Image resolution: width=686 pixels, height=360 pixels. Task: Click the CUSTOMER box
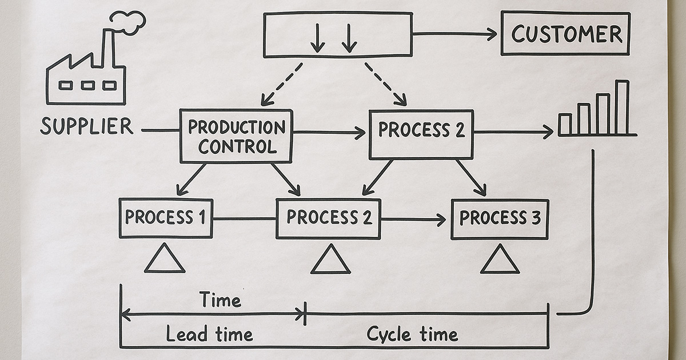point(565,34)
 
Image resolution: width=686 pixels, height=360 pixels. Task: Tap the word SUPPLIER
point(86,126)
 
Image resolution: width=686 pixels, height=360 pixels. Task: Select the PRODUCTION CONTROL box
point(236,137)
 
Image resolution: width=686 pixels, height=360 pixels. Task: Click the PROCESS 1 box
point(166,218)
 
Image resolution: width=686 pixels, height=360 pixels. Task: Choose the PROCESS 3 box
point(500,218)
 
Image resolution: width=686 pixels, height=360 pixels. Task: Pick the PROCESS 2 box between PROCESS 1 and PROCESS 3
point(328,218)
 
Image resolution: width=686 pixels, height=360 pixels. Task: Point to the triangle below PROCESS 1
point(165,260)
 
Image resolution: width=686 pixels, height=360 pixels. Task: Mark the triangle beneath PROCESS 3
point(500,261)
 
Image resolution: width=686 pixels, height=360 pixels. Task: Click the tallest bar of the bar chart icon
point(622,107)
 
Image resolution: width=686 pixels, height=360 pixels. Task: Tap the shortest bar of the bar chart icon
point(565,124)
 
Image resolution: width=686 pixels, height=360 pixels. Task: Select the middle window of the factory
point(87,85)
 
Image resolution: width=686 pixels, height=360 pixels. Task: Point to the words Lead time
point(209,334)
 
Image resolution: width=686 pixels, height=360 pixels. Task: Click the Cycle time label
point(412,334)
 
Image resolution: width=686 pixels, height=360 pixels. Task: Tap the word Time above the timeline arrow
point(220,299)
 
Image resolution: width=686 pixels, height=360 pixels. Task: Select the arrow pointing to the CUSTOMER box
point(455,34)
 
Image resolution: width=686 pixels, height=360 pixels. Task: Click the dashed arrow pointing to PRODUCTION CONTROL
point(281,84)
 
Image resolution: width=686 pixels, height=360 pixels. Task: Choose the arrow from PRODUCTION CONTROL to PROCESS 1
point(192,179)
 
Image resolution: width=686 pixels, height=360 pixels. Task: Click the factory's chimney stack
point(107,48)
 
